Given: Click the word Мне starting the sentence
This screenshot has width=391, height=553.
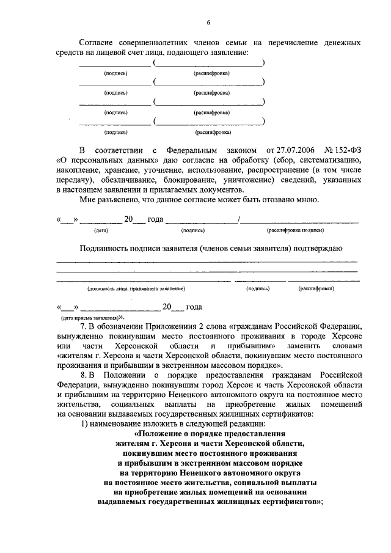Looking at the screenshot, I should point(89,201).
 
